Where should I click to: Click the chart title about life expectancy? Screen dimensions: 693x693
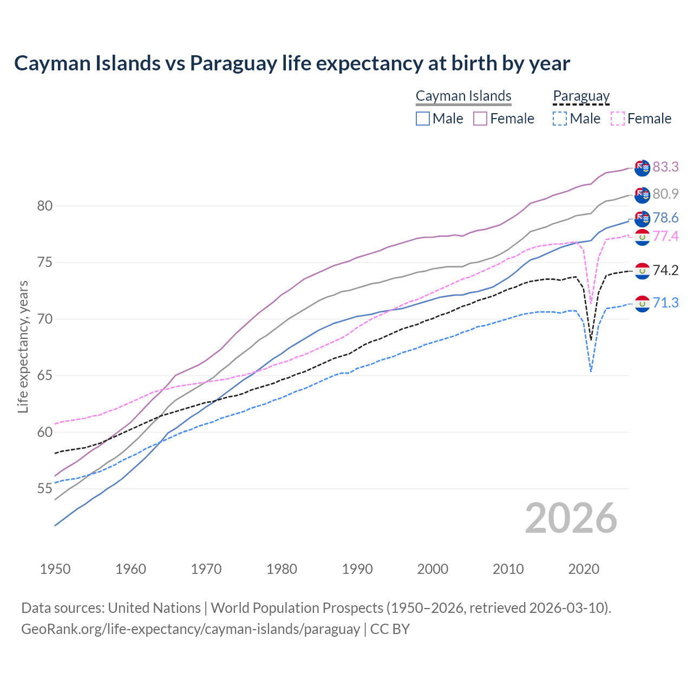pyautogui.click(x=292, y=63)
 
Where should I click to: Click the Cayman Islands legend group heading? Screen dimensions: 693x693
pyautogui.click(x=463, y=96)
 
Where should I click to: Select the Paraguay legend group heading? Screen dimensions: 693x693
pyautogui.click(x=581, y=96)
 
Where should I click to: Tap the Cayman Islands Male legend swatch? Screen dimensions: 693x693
pyautogui.click(x=423, y=119)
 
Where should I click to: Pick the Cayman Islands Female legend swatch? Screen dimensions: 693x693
pyautogui.click(x=480, y=119)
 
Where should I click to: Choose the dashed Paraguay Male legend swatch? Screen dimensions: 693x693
pyautogui.click(x=560, y=119)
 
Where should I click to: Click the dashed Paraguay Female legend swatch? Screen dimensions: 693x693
pyautogui.click(x=617, y=119)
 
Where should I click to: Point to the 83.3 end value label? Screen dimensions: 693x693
pyautogui.click(x=665, y=167)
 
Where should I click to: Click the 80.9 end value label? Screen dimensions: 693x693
pyautogui.click(x=665, y=194)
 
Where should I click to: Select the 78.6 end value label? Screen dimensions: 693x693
pyautogui.click(x=665, y=218)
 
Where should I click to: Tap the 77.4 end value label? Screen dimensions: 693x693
pyautogui.click(x=665, y=237)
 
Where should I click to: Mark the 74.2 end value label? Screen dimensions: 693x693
pyautogui.click(x=665, y=270)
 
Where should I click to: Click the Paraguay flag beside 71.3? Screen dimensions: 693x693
pyautogui.click(x=642, y=304)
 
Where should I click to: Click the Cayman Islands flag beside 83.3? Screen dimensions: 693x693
pyautogui.click(x=642, y=168)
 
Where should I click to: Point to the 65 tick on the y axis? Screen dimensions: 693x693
pyautogui.click(x=44, y=376)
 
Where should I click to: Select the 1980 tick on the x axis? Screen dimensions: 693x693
pyautogui.click(x=282, y=569)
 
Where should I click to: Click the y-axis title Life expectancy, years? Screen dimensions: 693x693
pyautogui.click(x=23, y=346)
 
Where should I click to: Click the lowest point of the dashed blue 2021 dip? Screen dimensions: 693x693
pyautogui.click(x=591, y=371)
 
